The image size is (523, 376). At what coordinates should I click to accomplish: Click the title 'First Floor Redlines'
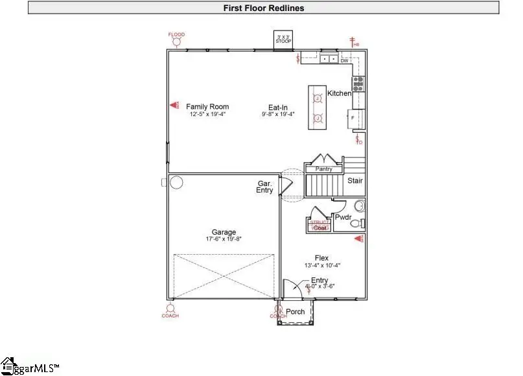click(x=263, y=8)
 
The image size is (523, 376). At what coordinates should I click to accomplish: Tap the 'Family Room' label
click(x=207, y=107)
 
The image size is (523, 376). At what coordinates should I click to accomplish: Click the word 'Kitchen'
click(x=339, y=93)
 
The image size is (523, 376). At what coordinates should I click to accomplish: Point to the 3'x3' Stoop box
click(x=283, y=39)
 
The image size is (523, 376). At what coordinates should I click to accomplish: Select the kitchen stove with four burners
click(x=358, y=84)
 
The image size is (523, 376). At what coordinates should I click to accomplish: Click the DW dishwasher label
click(x=345, y=60)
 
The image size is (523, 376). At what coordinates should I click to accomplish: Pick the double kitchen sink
click(x=329, y=59)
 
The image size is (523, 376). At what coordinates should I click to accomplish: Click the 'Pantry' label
click(x=323, y=169)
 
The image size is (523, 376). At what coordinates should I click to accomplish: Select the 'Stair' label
click(x=354, y=181)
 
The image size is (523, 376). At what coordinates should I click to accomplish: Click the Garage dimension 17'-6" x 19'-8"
click(x=223, y=239)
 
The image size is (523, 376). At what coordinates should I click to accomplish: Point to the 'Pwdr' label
click(x=343, y=218)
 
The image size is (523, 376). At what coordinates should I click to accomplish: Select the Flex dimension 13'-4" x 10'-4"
click(x=321, y=266)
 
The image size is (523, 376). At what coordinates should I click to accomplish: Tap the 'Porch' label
click(x=296, y=312)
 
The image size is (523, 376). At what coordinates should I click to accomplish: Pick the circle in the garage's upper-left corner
click(x=177, y=183)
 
